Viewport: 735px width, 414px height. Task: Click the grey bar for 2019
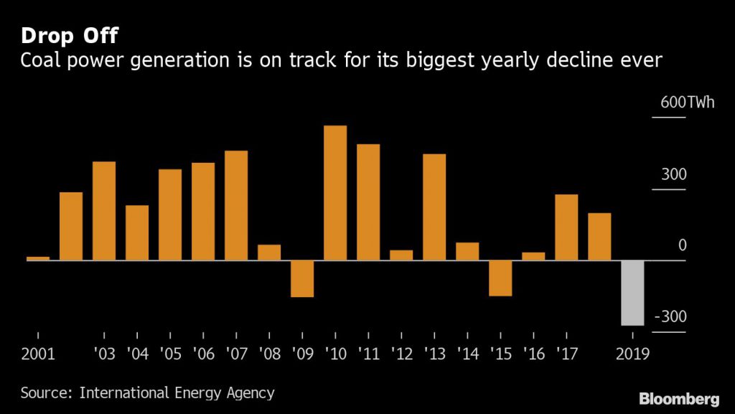tap(632, 293)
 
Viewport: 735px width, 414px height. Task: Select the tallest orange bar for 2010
tap(335, 193)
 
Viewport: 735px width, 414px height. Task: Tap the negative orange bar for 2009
tap(302, 278)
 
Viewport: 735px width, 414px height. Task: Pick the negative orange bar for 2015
tap(500, 278)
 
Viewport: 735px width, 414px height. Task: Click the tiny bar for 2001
tap(38, 258)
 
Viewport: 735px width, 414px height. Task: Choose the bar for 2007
tap(236, 205)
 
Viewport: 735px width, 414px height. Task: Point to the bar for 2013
tap(434, 207)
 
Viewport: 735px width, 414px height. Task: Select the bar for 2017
tap(566, 227)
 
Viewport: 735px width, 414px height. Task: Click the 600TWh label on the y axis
tap(688, 103)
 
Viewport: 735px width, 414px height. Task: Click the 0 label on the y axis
tap(683, 245)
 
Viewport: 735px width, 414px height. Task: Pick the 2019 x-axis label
tap(632, 354)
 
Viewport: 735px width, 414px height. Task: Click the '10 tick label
tap(335, 354)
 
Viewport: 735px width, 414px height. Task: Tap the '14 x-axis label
tap(467, 354)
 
